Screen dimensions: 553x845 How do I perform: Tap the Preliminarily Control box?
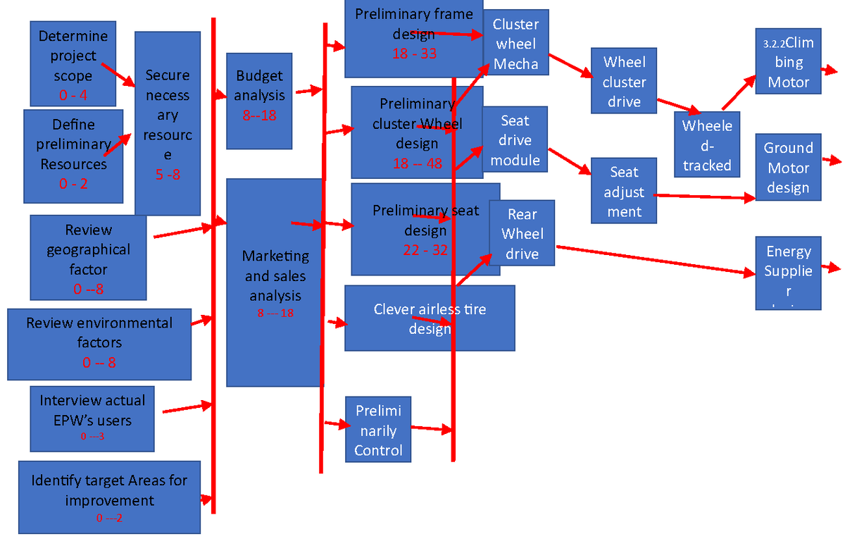pyautogui.click(x=378, y=430)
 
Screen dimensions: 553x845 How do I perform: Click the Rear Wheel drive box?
pyautogui.click(x=522, y=233)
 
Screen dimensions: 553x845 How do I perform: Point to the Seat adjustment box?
pyautogui.click(x=624, y=191)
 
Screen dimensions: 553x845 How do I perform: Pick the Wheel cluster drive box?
pyautogui.click(x=624, y=81)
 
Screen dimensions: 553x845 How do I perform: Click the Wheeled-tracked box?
pyautogui.click(x=707, y=144)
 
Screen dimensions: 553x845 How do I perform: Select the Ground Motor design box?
pyautogui.click(x=788, y=167)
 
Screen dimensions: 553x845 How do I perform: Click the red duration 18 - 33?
pyautogui.click(x=415, y=54)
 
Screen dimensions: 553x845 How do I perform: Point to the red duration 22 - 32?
pyautogui.click(x=425, y=250)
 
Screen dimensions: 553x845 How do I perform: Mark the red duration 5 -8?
pyautogui.click(x=168, y=175)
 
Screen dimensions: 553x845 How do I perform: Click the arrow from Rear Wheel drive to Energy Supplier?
pyautogui.click(x=655, y=260)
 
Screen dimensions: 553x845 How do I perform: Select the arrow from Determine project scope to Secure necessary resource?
pyautogui.click(x=118, y=75)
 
